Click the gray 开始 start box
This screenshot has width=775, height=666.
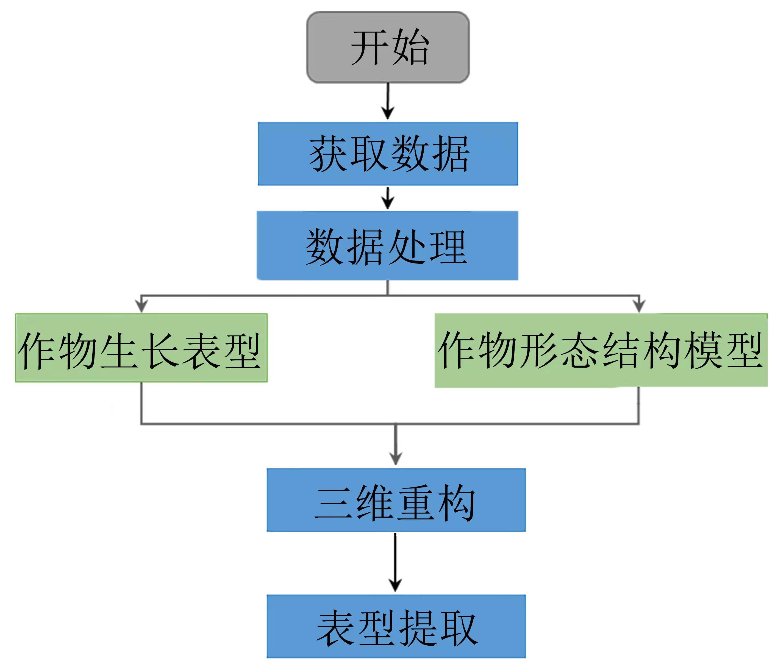click(x=388, y=48)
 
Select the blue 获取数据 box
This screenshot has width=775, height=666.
click(x=388, y=154)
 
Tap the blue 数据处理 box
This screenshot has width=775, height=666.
click(x=387, y=245)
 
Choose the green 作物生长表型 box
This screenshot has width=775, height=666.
click(x=141, y=348)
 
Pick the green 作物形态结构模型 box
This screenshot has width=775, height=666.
click(x=601, y=350)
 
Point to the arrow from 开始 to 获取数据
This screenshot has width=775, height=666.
click(x=388, y=101)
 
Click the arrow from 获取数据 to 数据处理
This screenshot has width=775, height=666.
click(x=388, y=198)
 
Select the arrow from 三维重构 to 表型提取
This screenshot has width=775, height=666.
click(x=395, y=562)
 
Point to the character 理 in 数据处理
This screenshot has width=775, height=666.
click(x=448, y=246)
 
